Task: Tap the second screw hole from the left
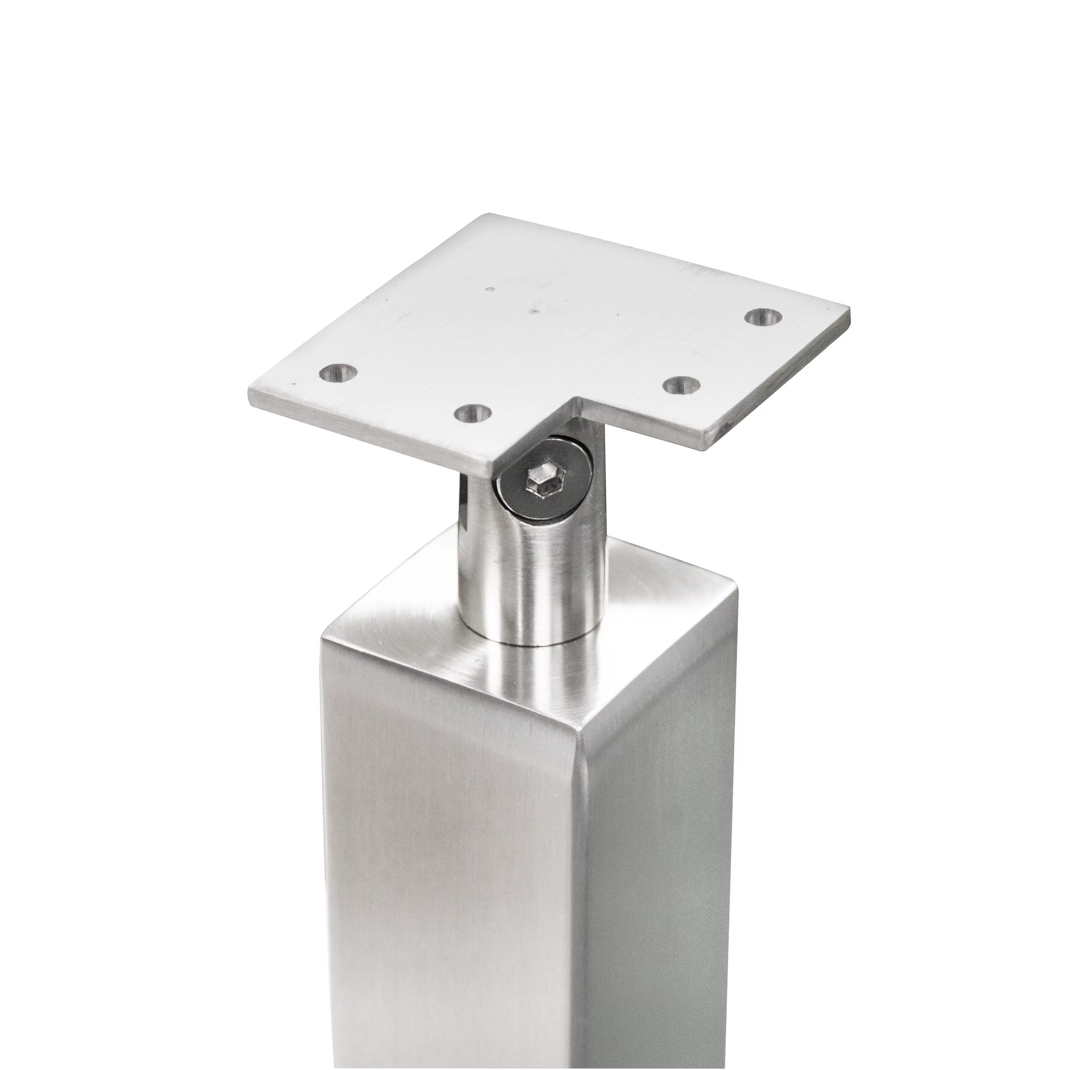pos(472,412)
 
